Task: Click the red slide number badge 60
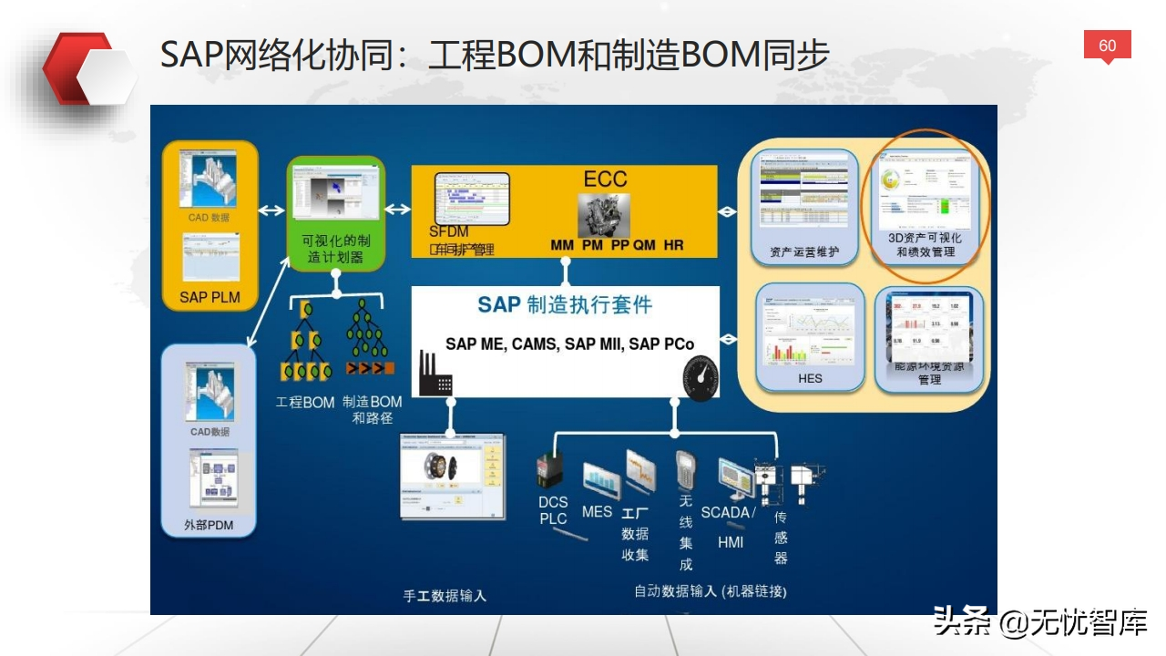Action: tap(1107, 46)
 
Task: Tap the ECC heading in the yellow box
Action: tap(605, 179)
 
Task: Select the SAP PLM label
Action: tap(210, 297)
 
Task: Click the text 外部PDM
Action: tap(209, 525)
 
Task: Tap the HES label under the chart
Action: tap(809, 378)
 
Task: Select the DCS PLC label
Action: tap(553, 510)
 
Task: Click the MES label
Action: tap(597, 512)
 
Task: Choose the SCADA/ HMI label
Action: tap(729, 527)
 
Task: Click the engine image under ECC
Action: tap(604, 215)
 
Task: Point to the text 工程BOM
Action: tap(305, 402)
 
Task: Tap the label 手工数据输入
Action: tap(445, 596)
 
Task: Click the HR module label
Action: tap(673, 245)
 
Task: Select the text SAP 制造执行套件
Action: tap(565, 305)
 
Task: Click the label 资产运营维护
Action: tap(804, 251)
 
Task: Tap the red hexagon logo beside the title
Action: tap(88, 70)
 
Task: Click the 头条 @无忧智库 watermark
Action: tap(1039, 624)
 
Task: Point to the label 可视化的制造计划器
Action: tap(336, 249)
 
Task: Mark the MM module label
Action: tap(562, 245)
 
